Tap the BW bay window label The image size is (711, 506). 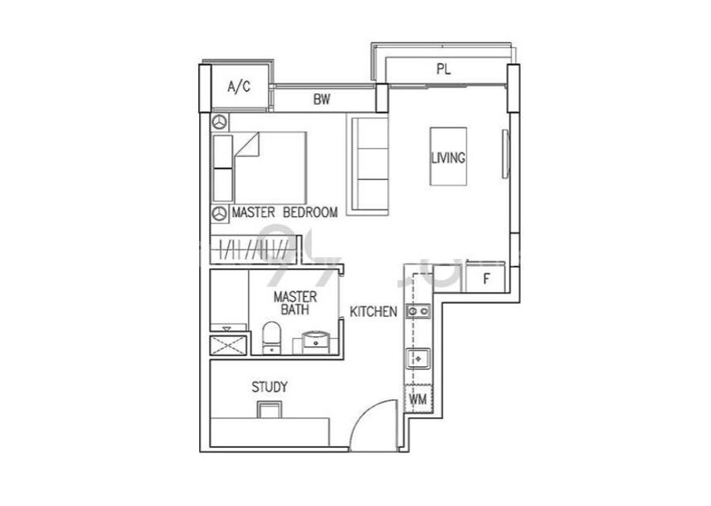322,99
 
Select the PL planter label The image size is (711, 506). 443,69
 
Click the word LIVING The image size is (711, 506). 448,158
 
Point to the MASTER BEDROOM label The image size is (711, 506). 284,212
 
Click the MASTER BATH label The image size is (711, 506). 295,303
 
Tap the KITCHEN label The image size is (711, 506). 373,311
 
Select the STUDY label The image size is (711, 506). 269,387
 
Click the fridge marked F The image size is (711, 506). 486,277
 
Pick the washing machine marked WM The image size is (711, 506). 418,399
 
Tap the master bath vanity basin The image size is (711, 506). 315,342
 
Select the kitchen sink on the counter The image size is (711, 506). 418,358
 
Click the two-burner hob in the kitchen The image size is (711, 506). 418,311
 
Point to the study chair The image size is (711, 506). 269,410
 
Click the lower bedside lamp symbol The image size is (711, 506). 220,213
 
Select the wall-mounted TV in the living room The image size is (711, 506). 505,154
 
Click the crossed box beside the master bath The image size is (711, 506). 229,345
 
